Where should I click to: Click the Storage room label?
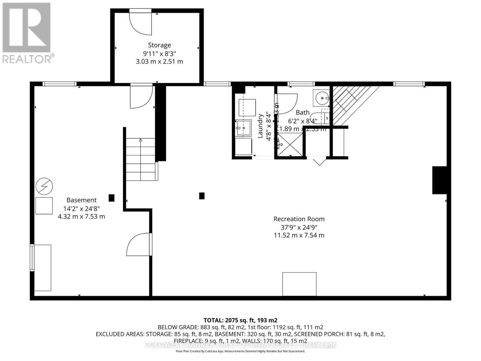(159, 45)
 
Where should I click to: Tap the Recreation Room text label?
(299, 219)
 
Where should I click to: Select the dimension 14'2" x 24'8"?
(81, 208)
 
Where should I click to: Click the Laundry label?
(260, 126)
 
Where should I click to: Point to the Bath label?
(302, 113)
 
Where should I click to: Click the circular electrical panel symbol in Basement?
(44, 187)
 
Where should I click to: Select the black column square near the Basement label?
(112, 198)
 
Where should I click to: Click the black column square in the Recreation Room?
(202, 196)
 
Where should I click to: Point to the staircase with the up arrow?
(140, 159)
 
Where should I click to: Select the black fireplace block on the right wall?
(439, 180)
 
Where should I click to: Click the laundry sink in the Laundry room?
(244, 128)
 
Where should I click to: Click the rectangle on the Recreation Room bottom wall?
(299, 284)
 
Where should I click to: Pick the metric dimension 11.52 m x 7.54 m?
(299, 235)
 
